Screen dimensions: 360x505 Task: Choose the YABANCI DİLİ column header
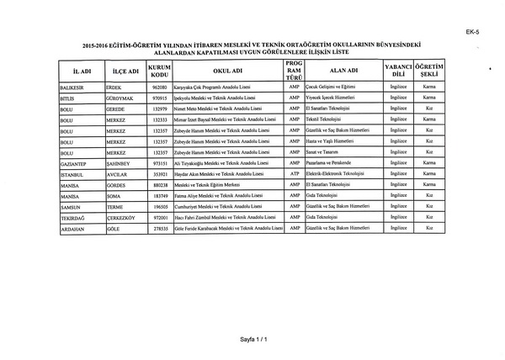coord(397,71)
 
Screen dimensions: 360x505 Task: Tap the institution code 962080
coord(160,87)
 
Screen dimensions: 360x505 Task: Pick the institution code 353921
coord(160,173)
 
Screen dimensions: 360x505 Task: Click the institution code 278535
coord(160,227)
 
